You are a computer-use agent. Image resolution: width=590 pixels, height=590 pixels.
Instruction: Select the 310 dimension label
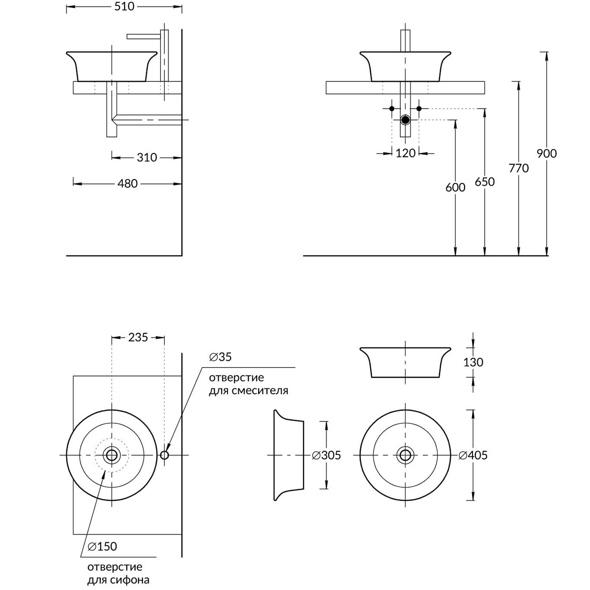[147, 157]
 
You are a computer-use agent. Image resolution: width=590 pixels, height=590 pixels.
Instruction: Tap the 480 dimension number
[127, 183]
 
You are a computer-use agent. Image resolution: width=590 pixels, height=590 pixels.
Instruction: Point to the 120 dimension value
[405, 153]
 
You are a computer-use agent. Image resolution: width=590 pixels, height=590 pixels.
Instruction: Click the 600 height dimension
[455, 188]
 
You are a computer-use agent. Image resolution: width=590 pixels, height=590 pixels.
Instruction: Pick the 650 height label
[485, 181]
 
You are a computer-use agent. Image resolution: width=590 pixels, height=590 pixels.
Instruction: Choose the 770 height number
[519, 168]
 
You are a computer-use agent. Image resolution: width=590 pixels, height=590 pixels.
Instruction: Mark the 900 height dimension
[546, 153]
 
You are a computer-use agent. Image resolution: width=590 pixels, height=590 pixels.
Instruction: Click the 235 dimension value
[138, 337]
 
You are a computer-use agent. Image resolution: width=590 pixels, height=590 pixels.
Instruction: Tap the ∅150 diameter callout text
[102, 546]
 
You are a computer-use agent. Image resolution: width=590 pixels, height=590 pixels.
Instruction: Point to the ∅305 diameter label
[326, 455]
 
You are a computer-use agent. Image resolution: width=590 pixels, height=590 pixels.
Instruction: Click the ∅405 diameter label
[473, 455]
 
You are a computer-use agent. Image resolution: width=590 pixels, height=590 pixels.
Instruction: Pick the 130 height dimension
[473, 362]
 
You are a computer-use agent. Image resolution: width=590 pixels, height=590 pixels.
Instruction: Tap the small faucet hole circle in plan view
[165, 455]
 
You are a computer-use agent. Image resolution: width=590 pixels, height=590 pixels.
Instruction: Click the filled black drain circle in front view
[405, 120]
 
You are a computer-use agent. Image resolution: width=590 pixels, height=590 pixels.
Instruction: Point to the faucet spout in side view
[143, 36]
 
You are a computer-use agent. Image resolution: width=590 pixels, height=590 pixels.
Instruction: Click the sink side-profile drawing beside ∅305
[288, 455]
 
